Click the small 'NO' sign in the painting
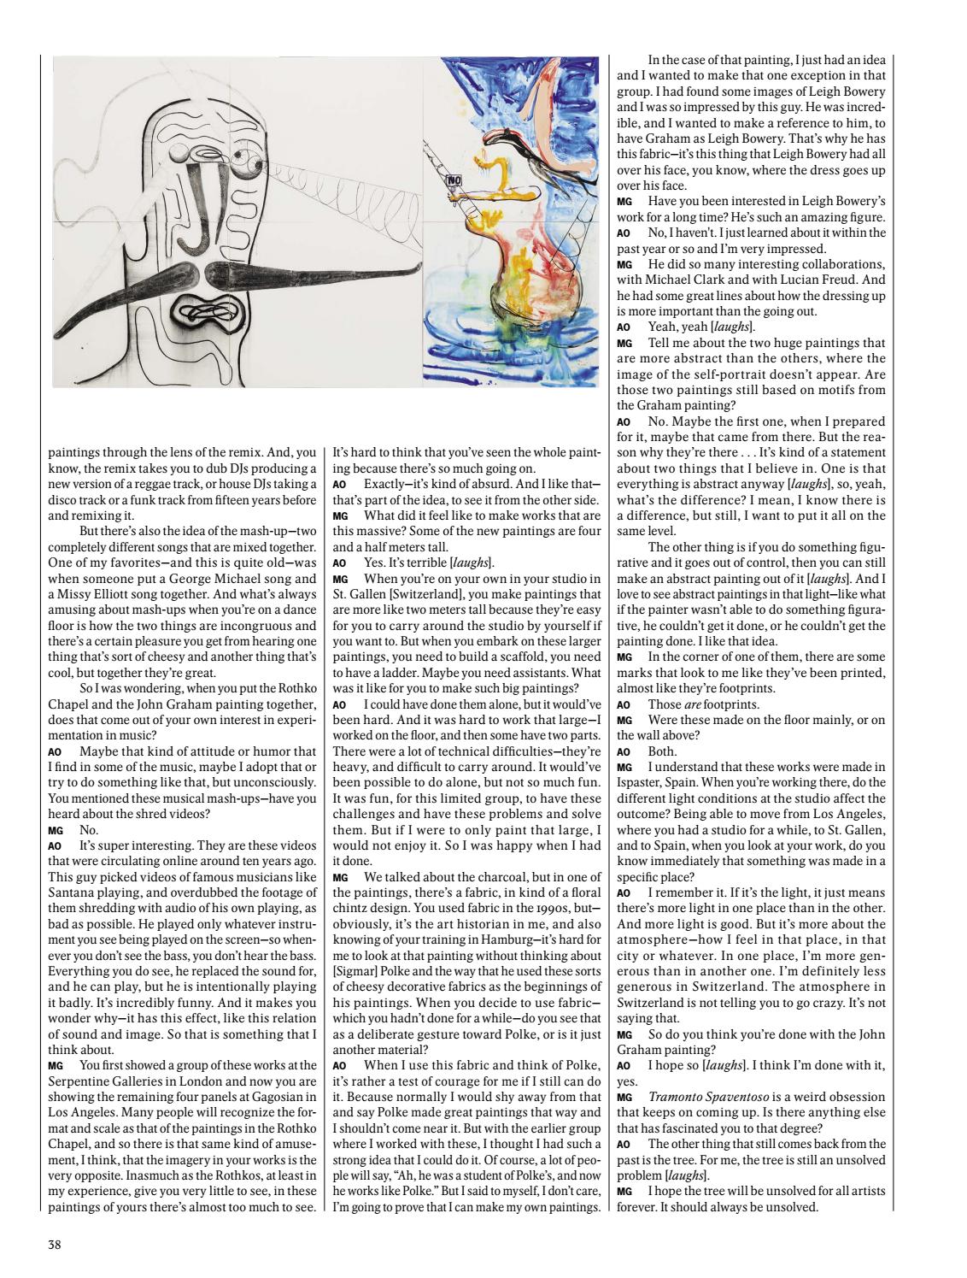coord(453,180)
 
